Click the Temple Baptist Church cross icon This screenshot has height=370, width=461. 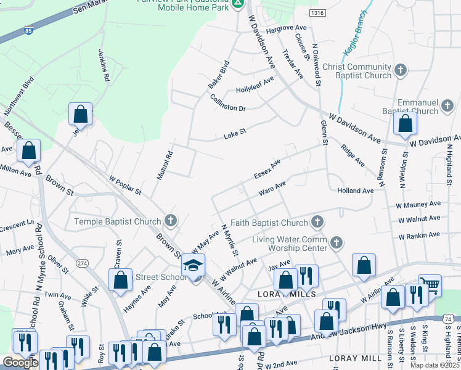(x=170, y=221)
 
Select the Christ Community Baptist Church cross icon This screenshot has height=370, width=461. (x=401, y=69)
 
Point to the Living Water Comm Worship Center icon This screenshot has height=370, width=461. (x=337, y=242)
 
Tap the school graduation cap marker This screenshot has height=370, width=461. (x=193, y=266)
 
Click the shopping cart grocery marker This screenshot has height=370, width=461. (x=430, y=285)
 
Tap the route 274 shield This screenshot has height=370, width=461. (x=83, y=263)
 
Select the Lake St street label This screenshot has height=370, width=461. (x=234, y=131)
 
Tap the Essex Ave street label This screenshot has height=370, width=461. (x=267, y=169)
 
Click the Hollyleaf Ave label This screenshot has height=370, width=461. (x=255, y=84)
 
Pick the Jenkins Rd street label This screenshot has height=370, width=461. (x=104, y=66)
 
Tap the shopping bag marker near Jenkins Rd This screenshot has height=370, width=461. (x=80, y=115)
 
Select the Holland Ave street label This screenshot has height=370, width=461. (x=356, y=191)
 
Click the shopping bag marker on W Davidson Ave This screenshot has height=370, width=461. (x=404, y=124)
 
